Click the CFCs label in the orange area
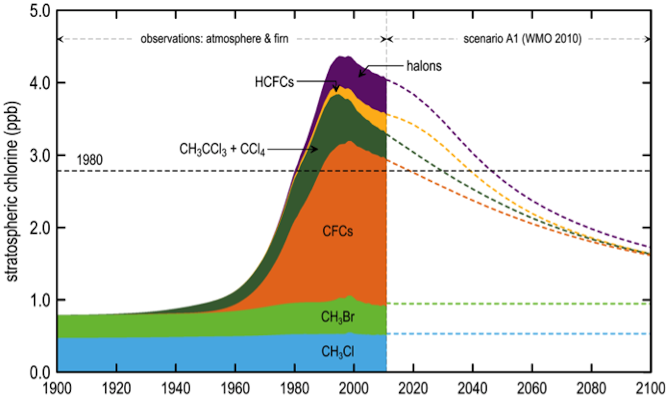pos(337,231)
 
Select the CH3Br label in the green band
pos(337,317)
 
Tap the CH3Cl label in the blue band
pos(337,352)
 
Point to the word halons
pos(424,66)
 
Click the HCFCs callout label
pos(274,82)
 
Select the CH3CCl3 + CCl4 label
pos(222,149)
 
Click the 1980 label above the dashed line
pos(90,160)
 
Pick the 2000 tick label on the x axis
pos(353,388)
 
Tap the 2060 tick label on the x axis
pos(532,388)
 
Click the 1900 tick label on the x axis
pos(57,388)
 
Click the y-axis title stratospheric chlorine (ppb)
pos(12,191)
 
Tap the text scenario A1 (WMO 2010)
pos(522,39)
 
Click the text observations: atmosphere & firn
pos(214,39)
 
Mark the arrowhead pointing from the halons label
pos(360,74)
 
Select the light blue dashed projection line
pos(517,334)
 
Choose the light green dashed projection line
pos(517,304)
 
